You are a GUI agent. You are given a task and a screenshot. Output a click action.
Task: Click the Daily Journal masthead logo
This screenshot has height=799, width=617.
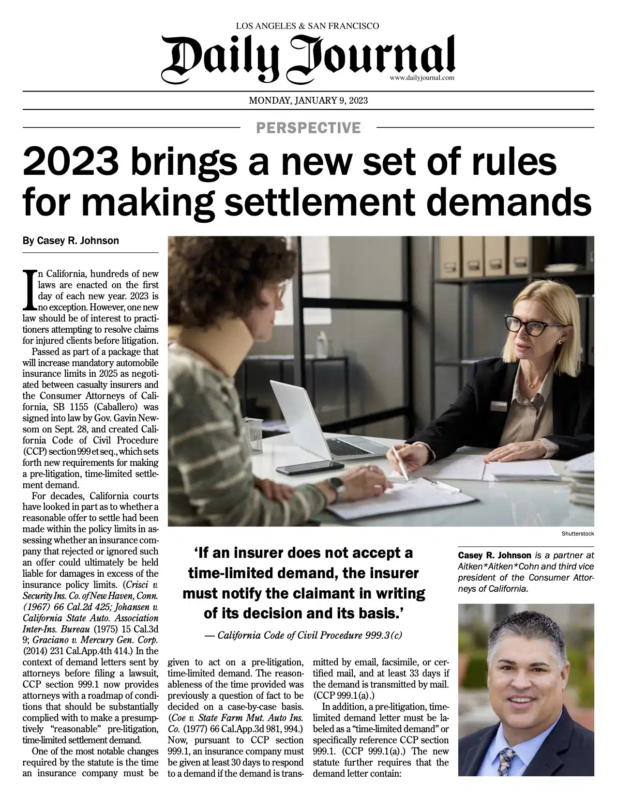tap(308, 58)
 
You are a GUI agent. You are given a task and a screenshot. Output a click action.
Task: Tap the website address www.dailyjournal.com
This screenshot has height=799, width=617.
tap(421, 77)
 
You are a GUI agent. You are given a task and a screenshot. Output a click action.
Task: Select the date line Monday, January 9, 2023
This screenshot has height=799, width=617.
tap(308, 101)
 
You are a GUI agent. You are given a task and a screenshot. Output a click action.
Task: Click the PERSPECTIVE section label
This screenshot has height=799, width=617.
tap(308, 128)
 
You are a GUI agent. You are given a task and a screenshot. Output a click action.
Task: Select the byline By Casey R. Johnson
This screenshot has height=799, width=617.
tap(71, 241)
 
